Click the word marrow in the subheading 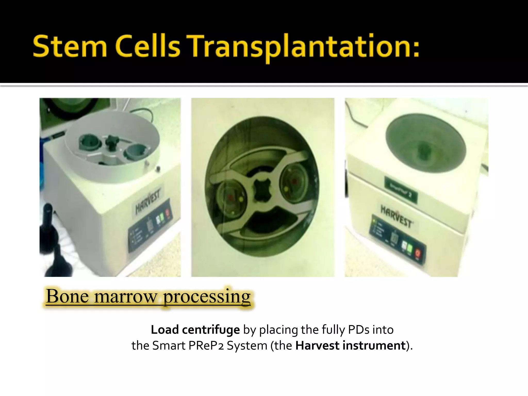click(x=125, y=297)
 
